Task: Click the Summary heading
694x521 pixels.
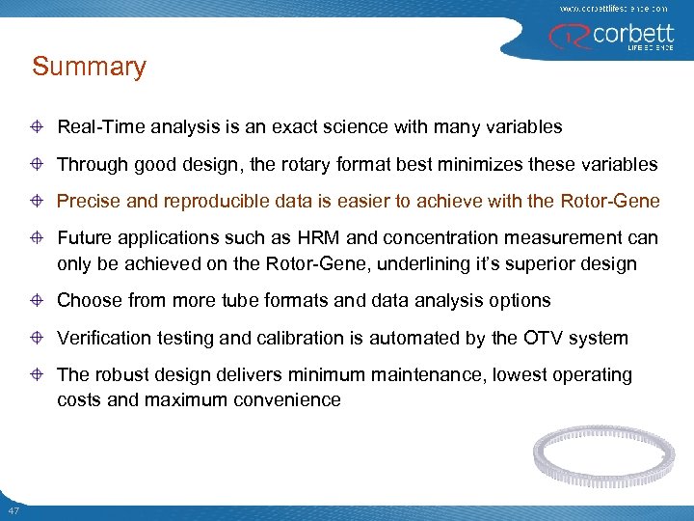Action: click(89, 68)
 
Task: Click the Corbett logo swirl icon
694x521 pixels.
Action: click(563, 37)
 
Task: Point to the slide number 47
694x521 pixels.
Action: click(13, 509)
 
